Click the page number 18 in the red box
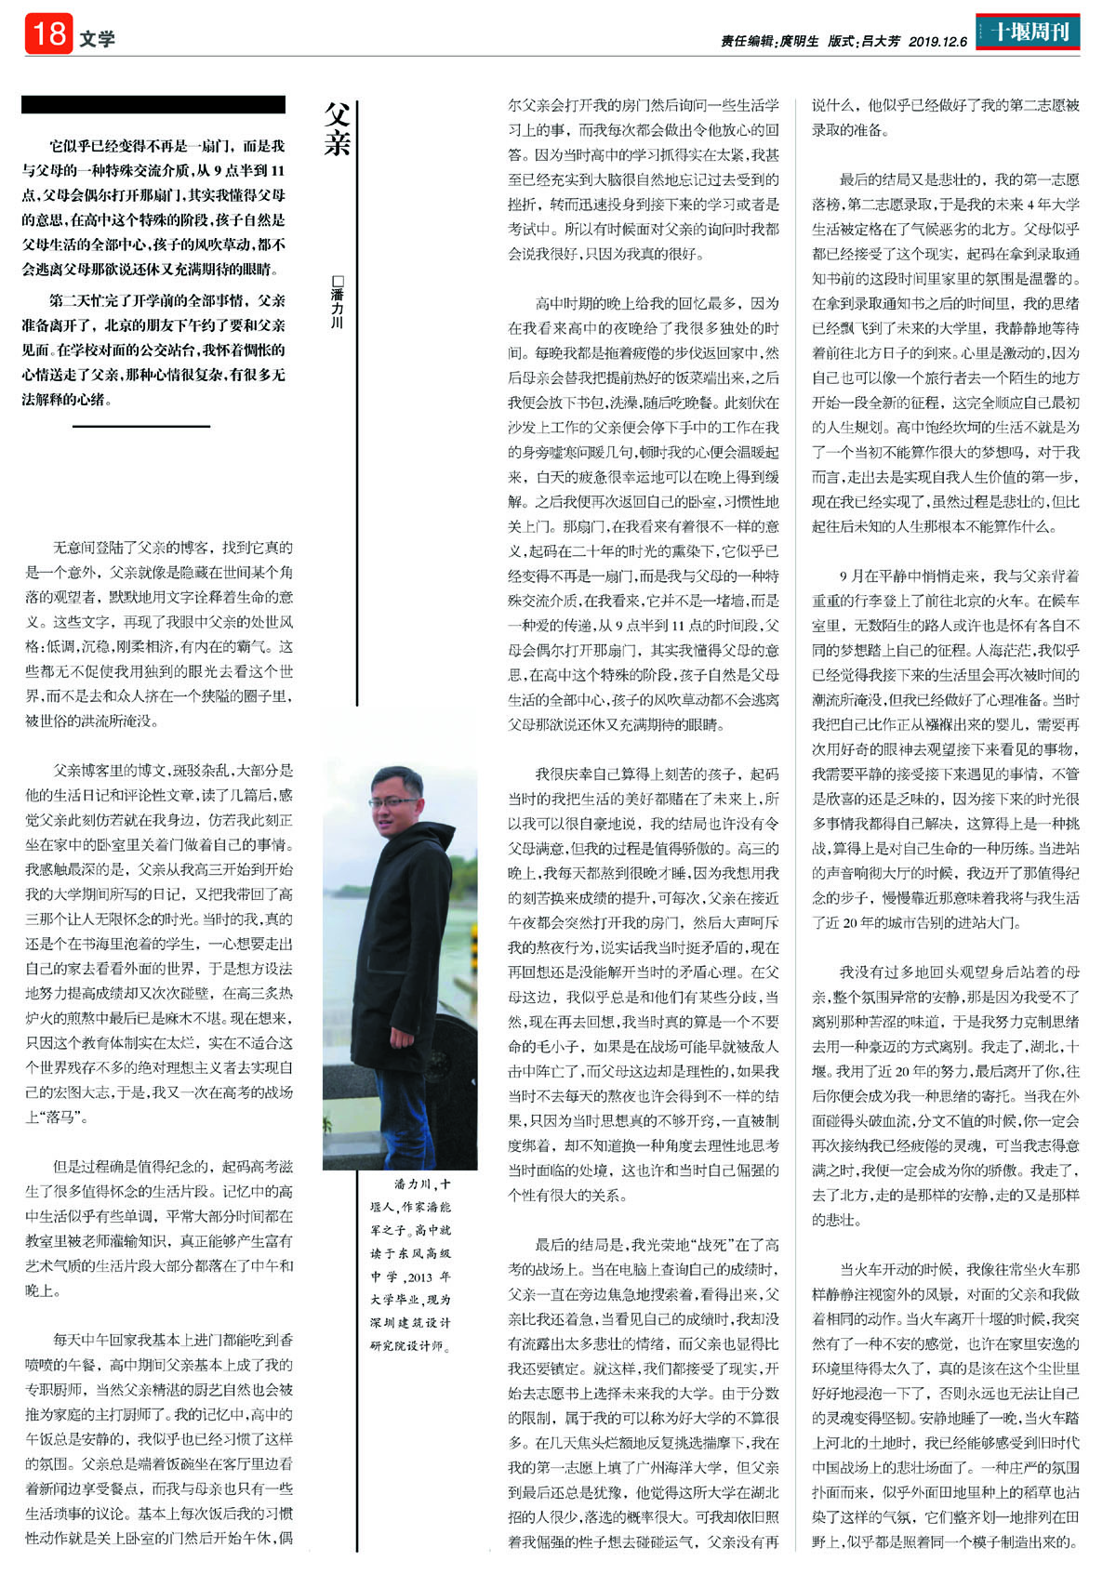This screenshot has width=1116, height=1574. (x=48, y=34)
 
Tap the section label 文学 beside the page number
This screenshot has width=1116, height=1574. (x=97, y=39)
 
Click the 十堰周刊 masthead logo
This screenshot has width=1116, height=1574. (x=1028, y=33)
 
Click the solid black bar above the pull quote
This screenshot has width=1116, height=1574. (x=153, y=104)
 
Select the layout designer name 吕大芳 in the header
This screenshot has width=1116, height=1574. (x=881, y=41)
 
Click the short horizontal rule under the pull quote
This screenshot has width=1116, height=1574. (x=141, y=427)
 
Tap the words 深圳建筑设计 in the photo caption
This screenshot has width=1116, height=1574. (x=410, y=1323)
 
